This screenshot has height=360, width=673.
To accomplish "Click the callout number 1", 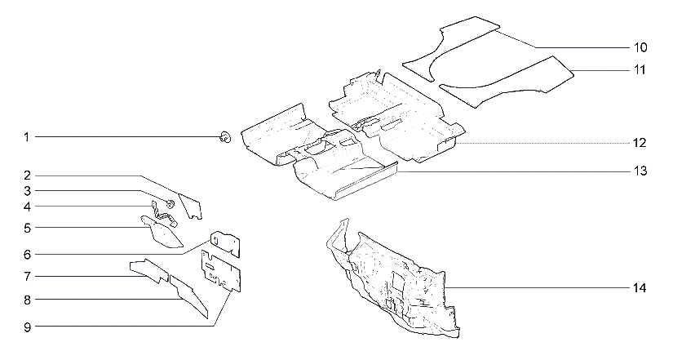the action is [x=27, y=137].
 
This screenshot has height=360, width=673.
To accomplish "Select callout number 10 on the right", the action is [x=640, y=47].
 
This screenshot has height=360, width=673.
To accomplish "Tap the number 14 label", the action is [x=640, y=288].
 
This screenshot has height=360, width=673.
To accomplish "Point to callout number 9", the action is [x=28, y=327].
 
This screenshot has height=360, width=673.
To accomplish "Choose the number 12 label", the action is [x=640, y=143].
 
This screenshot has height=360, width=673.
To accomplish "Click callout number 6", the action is [x=28, y=255].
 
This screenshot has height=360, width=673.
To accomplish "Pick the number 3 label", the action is [x=28, y=191].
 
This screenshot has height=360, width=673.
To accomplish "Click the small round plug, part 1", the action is [x=225, y=137].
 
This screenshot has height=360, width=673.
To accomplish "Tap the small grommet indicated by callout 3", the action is [x=170, y=203].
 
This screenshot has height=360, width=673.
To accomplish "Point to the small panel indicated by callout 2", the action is [x=191, y=207].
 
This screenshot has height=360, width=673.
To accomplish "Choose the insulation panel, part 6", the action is [x=226, y=242].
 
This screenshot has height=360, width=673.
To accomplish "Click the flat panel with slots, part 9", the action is [x=221, y=273].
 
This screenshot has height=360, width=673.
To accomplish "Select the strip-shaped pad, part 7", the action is [x=148, y=270].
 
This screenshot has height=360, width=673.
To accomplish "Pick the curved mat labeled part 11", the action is [x=507, y=82].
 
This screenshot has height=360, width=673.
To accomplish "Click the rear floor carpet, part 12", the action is [x=397, y=116].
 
